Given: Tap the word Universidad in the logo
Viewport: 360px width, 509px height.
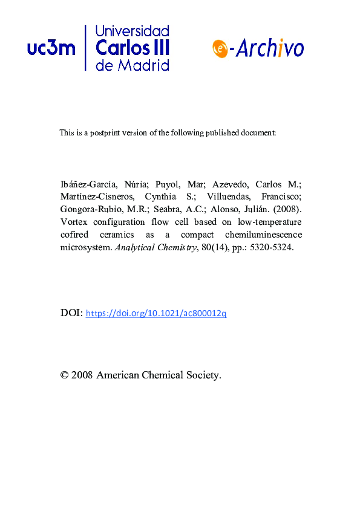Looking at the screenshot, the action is point(133,31).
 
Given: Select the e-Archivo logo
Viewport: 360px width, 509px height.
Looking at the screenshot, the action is point(258,48).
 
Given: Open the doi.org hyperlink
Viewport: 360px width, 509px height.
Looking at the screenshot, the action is point(156,313).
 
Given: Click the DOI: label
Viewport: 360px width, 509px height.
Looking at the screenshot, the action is point(71,313).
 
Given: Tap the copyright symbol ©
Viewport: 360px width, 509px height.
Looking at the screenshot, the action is point(64,375).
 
